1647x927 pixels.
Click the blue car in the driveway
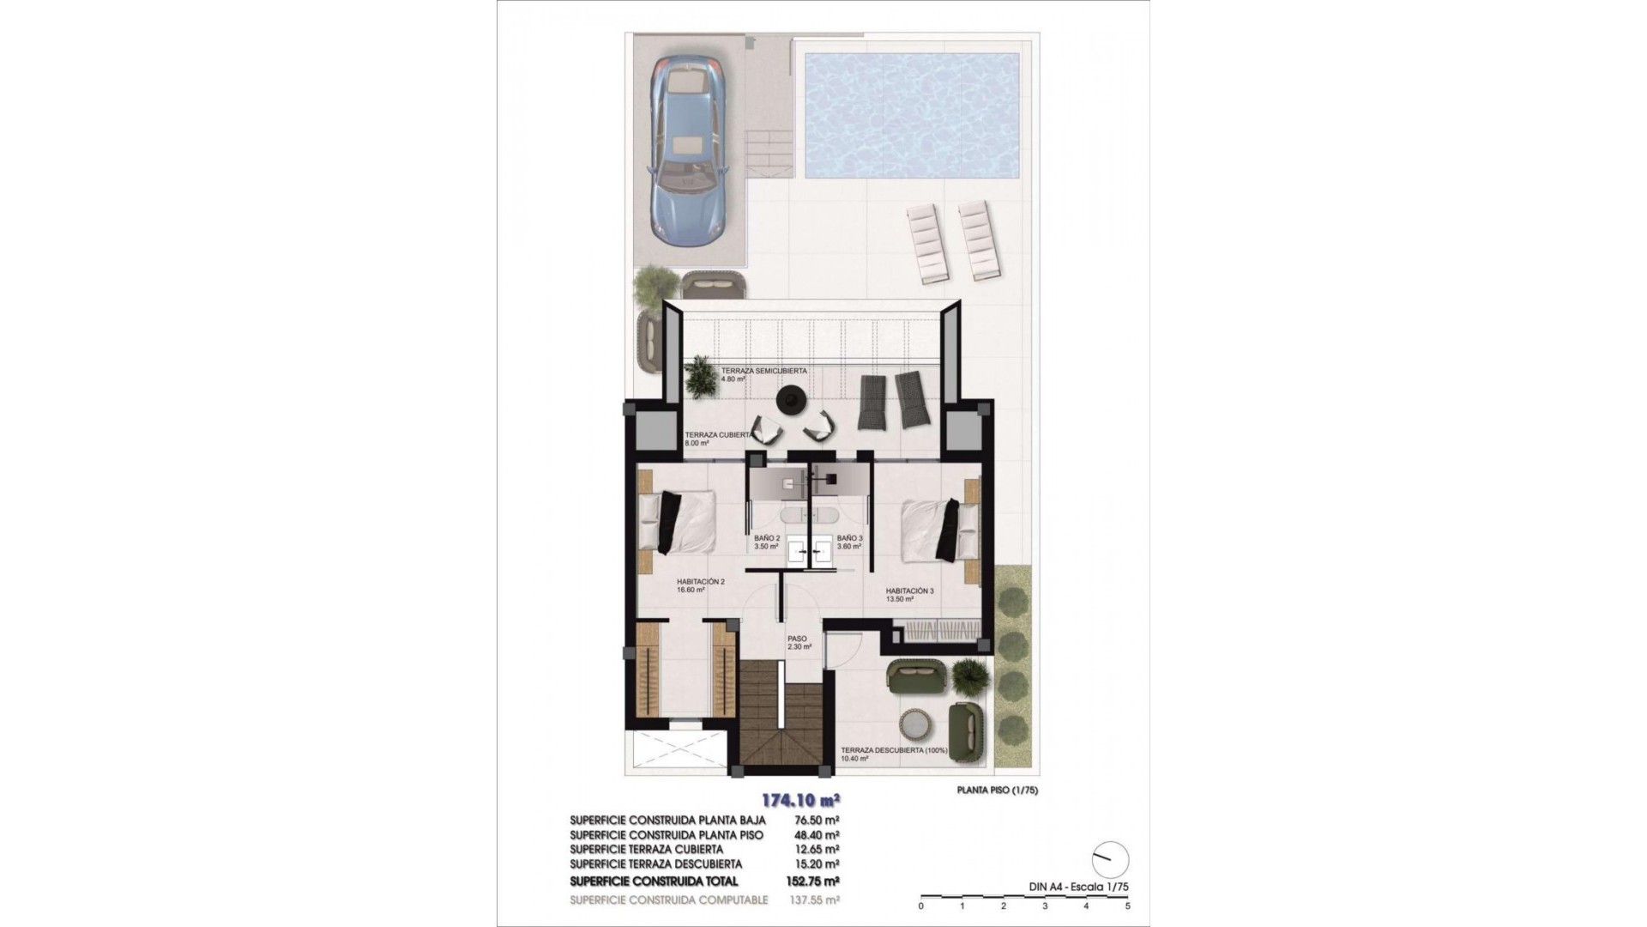point(688,149)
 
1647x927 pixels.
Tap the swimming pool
point(912,114)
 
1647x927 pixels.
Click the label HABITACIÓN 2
point(701,582)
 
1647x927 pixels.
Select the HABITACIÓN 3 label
point(910,591)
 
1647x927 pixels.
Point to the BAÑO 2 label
point(767,538)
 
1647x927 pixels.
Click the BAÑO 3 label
point(849,538)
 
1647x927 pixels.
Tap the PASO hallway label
point(798,639)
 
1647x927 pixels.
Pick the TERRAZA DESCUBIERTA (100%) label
point(894,750)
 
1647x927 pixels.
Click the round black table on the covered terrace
point(788,398)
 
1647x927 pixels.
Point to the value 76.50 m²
point(812,821)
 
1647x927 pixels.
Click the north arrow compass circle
point(1111,859)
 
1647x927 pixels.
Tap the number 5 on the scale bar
point(1127,906)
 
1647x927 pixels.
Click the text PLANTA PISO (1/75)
point(997,791)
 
